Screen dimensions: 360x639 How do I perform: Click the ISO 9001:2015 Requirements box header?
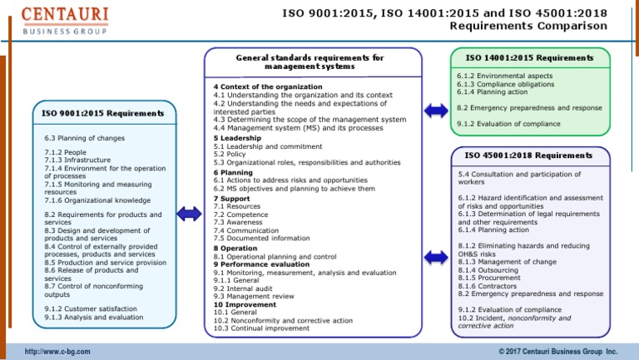point(103,113)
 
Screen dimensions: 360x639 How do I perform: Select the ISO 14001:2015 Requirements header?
point(530,58)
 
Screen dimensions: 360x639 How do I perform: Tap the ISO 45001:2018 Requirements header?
point(528,155)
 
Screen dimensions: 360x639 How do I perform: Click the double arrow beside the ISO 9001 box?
point(189,214)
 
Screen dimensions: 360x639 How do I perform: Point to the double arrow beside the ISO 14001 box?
point(435,110)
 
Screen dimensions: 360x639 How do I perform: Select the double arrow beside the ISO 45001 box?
point(435,257)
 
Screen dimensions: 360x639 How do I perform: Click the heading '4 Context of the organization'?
point(267,86)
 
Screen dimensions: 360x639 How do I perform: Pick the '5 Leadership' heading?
point(237,138)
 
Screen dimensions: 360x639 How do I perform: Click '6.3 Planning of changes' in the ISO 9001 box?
point(85,138)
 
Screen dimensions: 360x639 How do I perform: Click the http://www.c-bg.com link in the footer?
point(57,352)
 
